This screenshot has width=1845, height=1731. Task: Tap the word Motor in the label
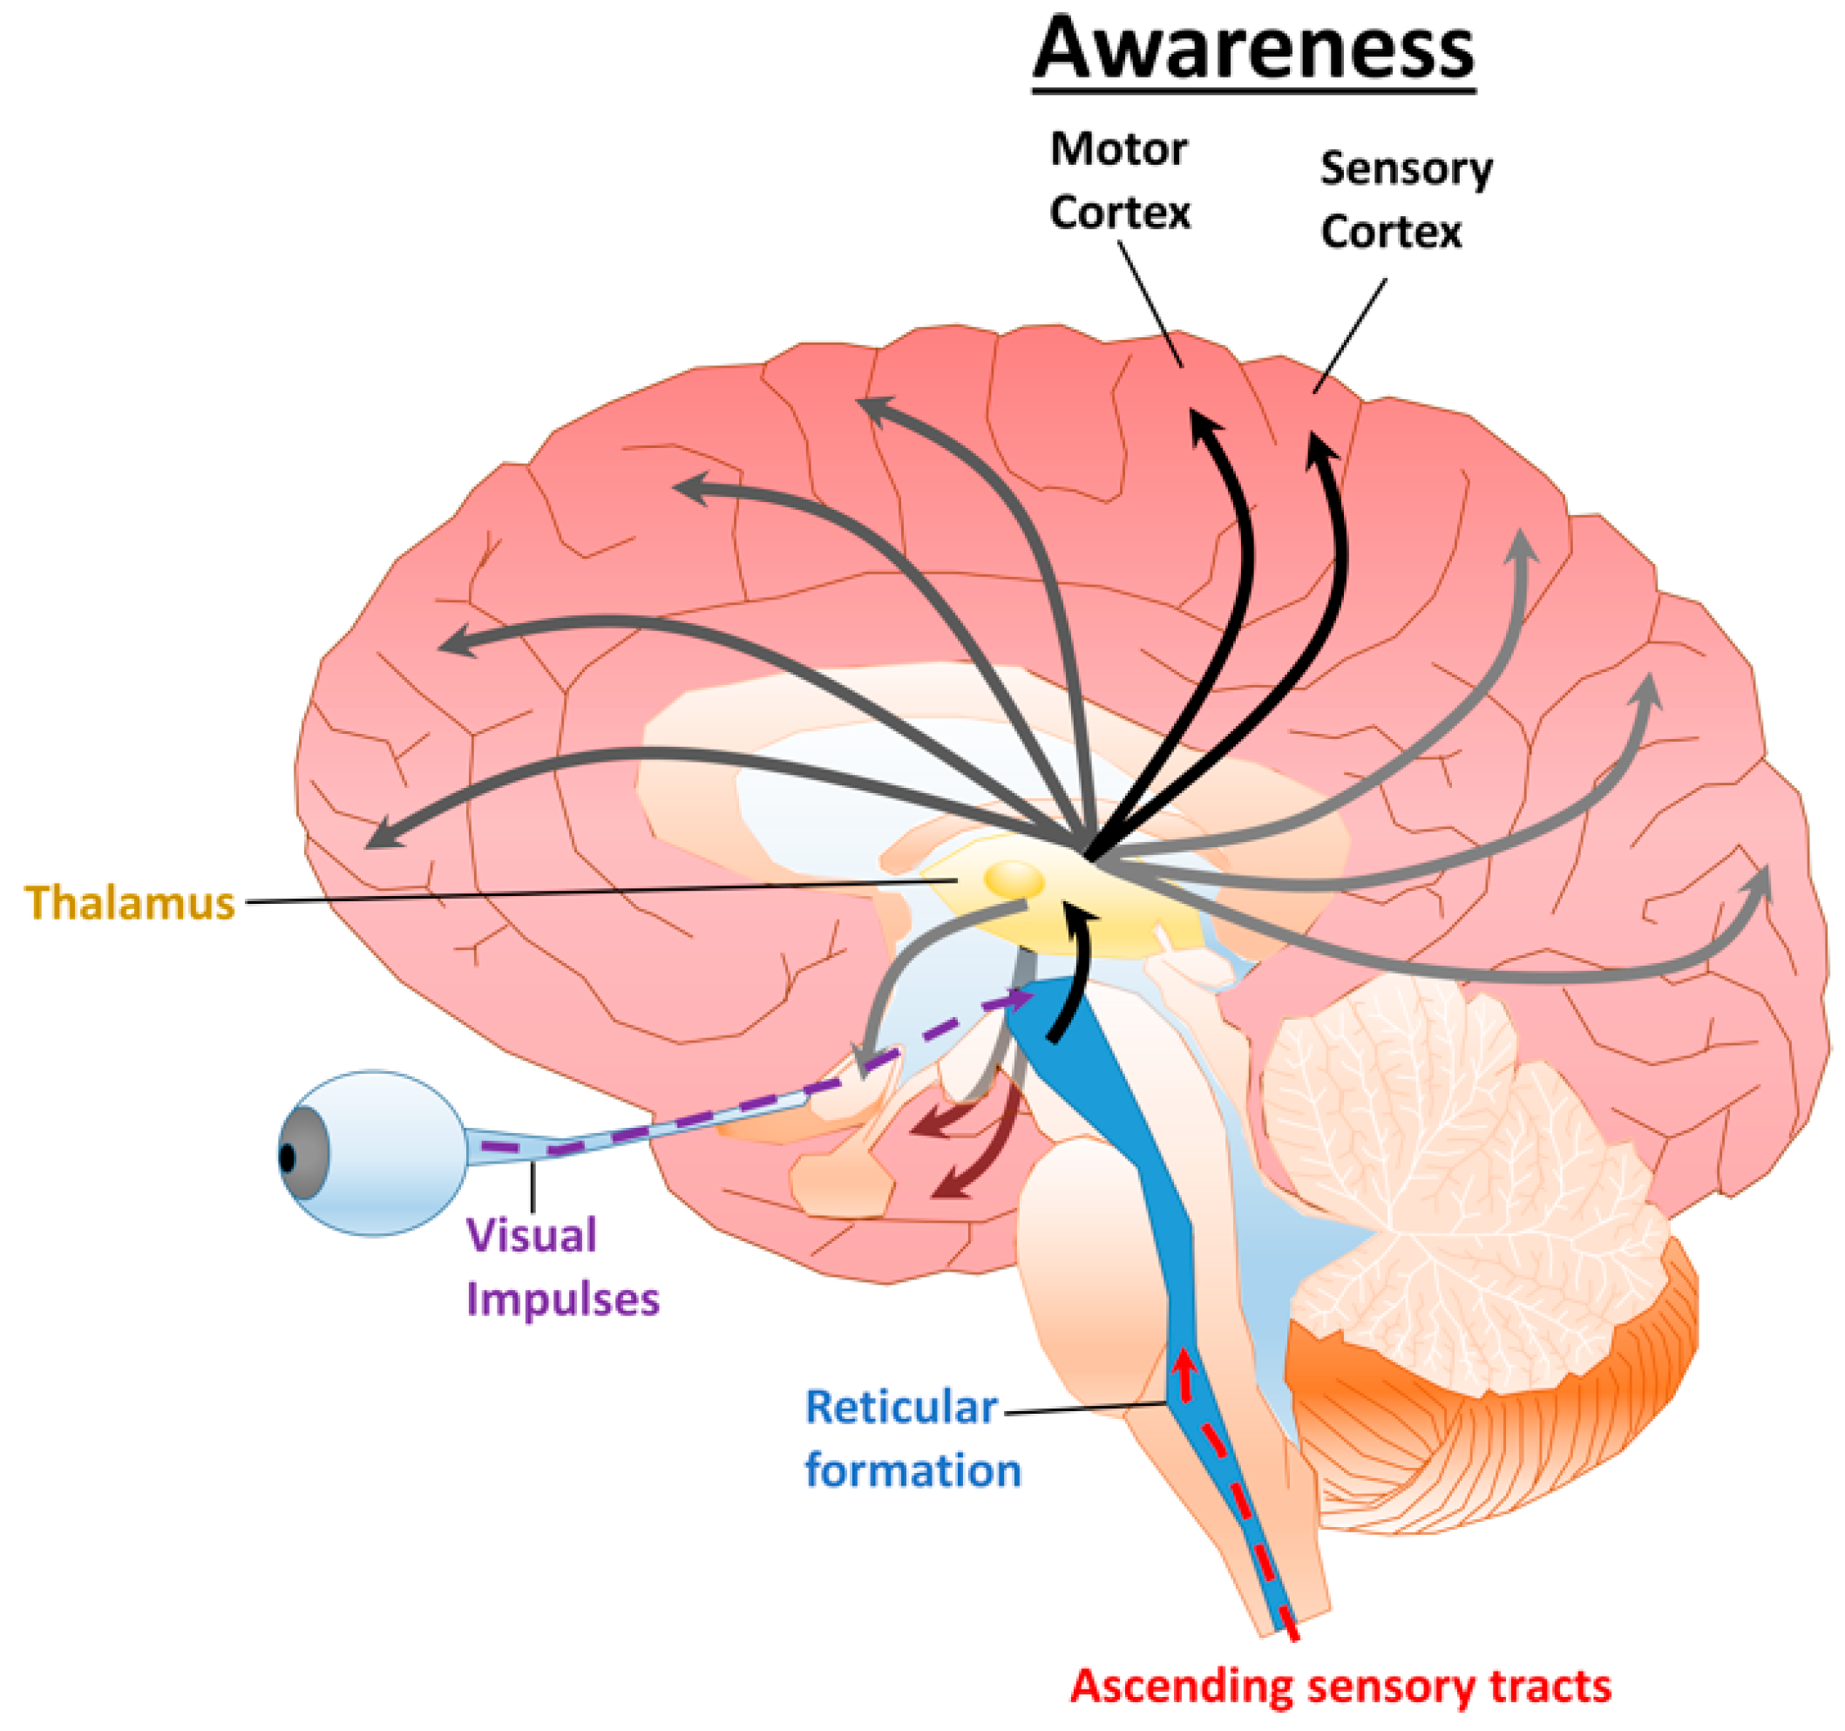pos(1118,148)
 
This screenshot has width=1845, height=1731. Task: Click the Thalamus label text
pos(129,902)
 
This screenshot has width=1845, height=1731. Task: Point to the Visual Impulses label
pos(560,1267)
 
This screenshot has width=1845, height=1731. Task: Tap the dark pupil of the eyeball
pos(288,1158)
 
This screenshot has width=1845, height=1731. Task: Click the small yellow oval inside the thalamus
pos(1014,879)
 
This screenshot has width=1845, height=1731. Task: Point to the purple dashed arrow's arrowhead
pos(1021,1000)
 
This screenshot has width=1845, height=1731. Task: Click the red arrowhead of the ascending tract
pos(1182,1363)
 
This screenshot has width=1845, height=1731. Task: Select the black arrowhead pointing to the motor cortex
pos(1205,429)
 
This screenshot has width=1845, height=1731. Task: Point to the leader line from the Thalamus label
pos(594,893)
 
